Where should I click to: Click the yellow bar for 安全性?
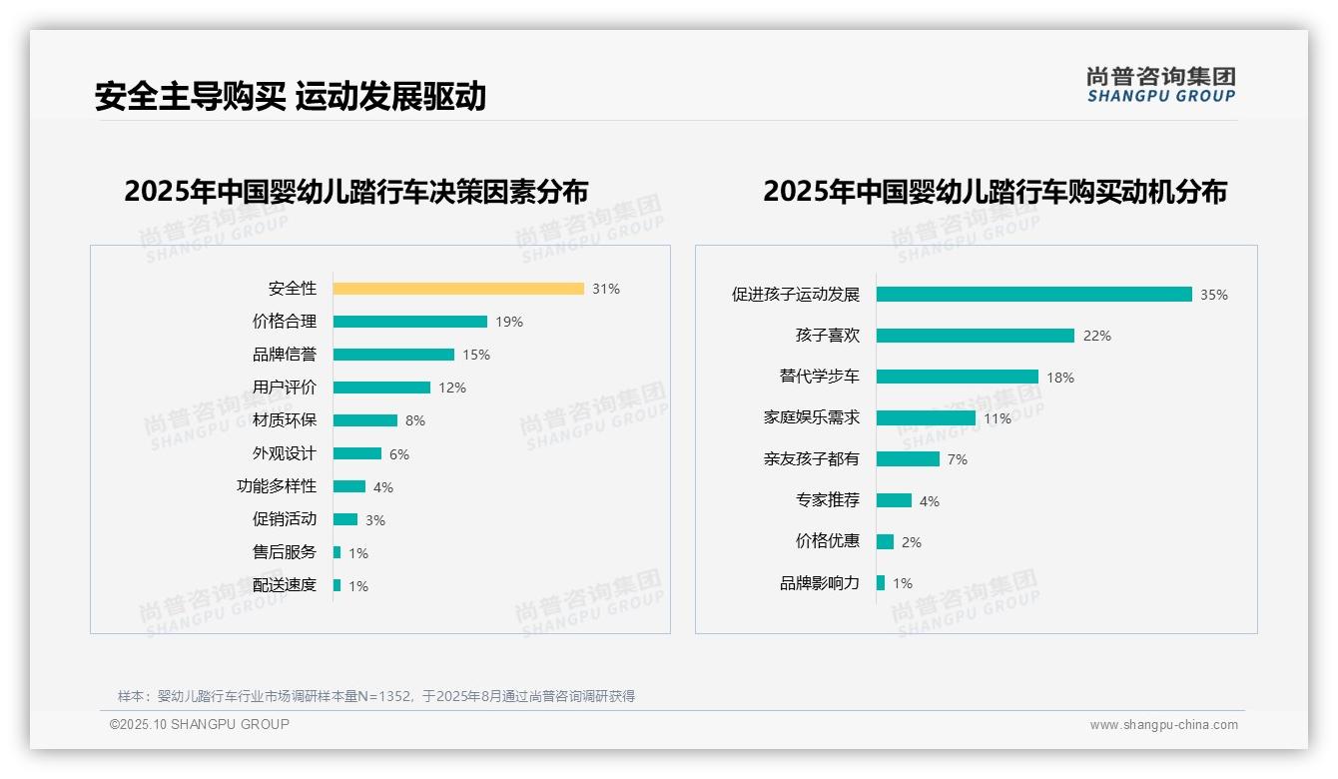458,289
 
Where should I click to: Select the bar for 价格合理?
410,322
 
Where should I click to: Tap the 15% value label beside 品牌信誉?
476,355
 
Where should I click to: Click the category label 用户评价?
285,388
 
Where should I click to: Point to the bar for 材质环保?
365,420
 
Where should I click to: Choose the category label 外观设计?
285,453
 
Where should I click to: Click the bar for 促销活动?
345,519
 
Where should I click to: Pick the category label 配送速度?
285,585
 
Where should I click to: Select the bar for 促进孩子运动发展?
1034,295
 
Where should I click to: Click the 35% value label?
1214,295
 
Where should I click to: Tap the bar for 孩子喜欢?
976,336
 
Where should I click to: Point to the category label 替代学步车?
820,377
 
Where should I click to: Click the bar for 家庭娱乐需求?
926,418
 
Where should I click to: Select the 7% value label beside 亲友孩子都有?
958,459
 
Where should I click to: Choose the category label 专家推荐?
828,500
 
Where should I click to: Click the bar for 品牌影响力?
881,582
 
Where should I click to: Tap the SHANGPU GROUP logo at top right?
1161,85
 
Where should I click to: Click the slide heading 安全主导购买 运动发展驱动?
291,96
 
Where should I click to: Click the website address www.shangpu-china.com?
1163,725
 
